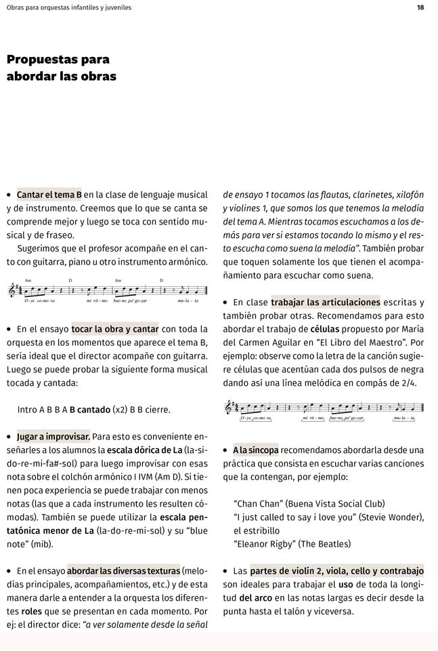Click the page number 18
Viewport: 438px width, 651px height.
tap(420, 7)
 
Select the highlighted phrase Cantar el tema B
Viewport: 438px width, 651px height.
tap(49, 195)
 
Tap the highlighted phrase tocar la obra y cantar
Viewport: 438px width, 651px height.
tap(115, 329)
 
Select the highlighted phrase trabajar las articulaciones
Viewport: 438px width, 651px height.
tap(326, 302)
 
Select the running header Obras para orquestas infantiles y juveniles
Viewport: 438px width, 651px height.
tap(68, 7)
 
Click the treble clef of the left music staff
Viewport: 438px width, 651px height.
tap(12, 290)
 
